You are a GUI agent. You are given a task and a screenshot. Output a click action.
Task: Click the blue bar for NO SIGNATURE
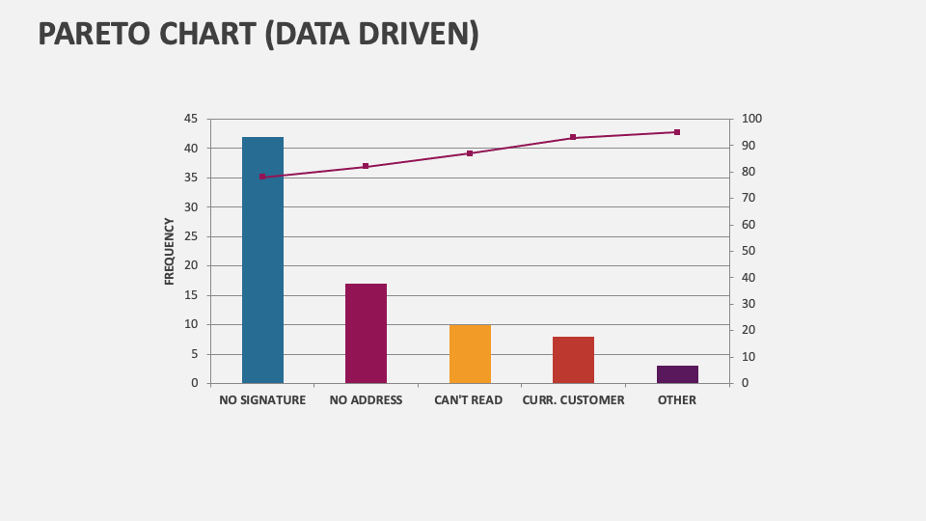point(262,260)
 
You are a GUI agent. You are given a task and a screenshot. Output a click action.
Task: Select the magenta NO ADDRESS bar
point(366,333)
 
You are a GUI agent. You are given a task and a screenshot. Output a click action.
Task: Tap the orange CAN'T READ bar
point(470,354)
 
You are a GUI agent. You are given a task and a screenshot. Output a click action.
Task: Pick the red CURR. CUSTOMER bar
point(573,360)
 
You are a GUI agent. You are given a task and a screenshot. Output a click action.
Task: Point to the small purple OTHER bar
point(677,374)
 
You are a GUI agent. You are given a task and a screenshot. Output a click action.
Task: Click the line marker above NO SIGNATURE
point(262,177)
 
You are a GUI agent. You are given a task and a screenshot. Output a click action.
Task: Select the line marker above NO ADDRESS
point(366,166)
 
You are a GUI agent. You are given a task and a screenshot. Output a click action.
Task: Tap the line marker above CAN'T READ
point(470,153)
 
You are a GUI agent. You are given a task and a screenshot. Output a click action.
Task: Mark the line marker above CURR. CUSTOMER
point(573,137)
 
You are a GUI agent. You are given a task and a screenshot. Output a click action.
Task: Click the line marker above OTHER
point(677,132)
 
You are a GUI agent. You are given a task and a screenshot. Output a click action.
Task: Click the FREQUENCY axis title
point(170,251)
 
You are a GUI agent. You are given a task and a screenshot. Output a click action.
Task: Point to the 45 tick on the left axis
point(190,119)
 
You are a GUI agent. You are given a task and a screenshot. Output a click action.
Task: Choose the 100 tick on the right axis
point(751,119)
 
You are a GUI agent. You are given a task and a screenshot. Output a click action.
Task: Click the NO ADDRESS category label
point(366,399)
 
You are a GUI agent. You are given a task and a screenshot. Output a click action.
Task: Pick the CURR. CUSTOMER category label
point(573,399)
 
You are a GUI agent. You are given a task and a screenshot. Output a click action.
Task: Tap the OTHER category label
point(677,399)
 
